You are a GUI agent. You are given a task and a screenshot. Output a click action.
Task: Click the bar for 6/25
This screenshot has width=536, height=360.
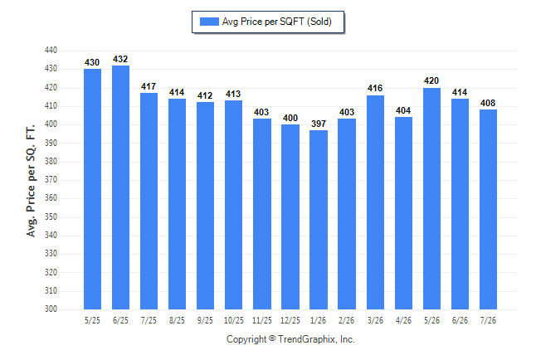pos(120,187)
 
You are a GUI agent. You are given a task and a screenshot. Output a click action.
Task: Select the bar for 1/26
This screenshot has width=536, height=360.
pos(319,220)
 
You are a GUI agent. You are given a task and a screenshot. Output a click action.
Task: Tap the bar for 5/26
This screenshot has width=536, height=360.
pos(431,198)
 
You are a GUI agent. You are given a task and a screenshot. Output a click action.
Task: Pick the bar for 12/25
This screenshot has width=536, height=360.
pos(290,216)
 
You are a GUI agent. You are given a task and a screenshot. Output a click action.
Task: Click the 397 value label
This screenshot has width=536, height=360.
pos(319,124)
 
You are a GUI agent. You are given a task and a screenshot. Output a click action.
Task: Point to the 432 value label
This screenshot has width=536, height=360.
pos(120,59)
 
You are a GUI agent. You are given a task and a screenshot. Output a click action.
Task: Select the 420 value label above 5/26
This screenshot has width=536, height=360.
pos(431,80)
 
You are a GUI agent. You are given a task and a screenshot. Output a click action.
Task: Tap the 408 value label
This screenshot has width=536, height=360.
pos(488,103)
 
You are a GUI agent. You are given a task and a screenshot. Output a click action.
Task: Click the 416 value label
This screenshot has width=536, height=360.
pos(375,88)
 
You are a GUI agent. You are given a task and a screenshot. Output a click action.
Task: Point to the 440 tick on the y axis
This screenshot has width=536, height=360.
pos(51,51)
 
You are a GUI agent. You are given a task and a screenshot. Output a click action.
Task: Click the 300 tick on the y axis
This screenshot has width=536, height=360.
pos(51,309)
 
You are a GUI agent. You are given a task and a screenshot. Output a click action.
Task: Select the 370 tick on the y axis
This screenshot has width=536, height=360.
pos(51,179)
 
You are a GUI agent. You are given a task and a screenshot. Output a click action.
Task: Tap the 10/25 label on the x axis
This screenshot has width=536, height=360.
pos(234,321)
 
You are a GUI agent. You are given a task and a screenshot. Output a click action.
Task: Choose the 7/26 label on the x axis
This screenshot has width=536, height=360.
pos(488,321)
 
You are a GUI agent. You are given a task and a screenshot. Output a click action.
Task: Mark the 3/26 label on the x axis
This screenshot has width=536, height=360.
pos(375,321)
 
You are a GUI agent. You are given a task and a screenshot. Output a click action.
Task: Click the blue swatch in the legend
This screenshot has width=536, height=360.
pos(209,22)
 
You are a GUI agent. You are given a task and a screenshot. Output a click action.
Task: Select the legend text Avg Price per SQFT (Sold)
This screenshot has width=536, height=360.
pos(277,22)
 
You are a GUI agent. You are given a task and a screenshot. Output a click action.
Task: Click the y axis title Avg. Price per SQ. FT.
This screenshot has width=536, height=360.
pos(31,181)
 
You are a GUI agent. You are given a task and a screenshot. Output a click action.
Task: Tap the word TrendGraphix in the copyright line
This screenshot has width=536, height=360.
pos(307,339)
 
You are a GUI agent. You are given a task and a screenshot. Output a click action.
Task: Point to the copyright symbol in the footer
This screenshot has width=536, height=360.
pos(272,338)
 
